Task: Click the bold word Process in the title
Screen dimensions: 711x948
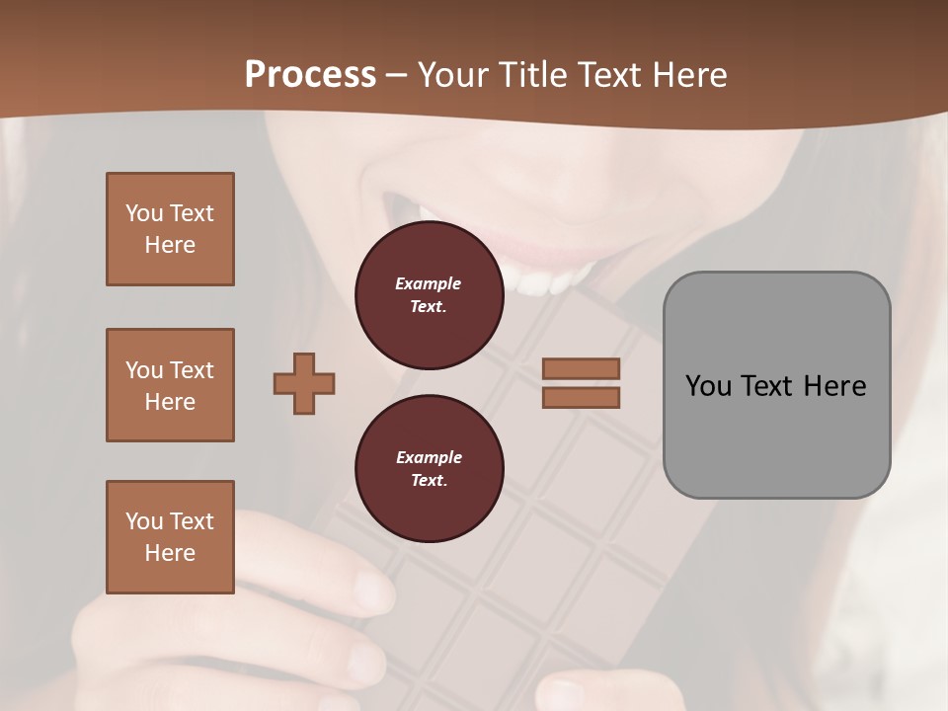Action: point(310,75)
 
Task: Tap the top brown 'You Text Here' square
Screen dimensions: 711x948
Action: point(170,229)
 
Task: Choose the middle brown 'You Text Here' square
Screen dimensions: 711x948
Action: point(170,385)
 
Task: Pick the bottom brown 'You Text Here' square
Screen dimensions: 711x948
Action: point(170,537)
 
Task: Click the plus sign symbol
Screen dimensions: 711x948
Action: point(304,383)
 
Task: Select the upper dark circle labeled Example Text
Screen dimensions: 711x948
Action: point(429,295)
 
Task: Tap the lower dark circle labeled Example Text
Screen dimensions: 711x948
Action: point(429,469)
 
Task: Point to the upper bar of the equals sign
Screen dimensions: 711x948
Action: point(581,368)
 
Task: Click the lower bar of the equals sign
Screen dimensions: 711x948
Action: point(581,397)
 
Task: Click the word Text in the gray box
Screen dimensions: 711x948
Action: point(766,386)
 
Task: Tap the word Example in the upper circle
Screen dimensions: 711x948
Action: point(428,283)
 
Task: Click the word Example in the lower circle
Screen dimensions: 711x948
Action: point(428,457)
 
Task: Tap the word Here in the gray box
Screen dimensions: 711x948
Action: point(835,386)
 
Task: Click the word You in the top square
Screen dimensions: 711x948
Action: point(144,213)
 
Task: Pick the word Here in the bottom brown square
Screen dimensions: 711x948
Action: point(170,553)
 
